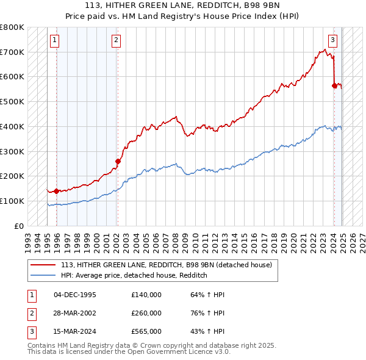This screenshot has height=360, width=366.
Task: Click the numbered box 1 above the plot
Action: pos(54,41)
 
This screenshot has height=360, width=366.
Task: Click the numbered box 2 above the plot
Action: pos(116,41)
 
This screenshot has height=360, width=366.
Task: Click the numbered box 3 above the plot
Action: pos(332,41)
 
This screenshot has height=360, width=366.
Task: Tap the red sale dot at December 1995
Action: pos(56,191)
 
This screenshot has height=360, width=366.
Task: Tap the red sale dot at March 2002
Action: pos(118,161)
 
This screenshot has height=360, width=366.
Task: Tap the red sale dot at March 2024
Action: pos(334,86)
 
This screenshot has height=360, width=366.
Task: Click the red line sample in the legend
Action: pos(44,265)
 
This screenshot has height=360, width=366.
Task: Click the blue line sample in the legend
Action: pos(44,275)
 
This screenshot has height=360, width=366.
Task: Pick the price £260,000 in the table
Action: pos(146,313)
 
